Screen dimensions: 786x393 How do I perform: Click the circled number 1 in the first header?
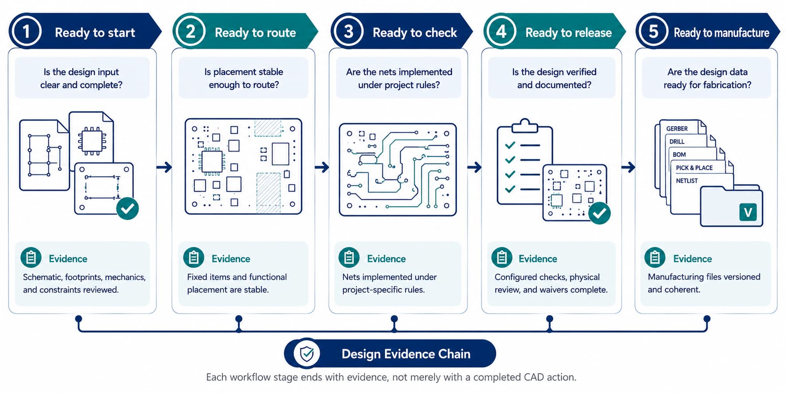(26, 31)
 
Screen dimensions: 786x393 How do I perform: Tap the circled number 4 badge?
(501, 31)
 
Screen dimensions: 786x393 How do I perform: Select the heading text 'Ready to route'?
(255, 32)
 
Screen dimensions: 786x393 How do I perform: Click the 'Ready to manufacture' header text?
(721, 33)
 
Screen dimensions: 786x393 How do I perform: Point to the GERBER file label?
(677, 128)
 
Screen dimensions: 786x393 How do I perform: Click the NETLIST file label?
(687, 181)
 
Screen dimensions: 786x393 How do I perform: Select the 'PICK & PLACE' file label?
(694, 168)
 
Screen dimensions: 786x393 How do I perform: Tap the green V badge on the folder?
(748, 212)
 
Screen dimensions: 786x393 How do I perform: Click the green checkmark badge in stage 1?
(128, 208)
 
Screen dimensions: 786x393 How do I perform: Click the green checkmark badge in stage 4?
(599, 213)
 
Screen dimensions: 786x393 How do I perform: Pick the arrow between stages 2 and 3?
(322, 167)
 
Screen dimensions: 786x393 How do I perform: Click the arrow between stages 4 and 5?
(628, 167)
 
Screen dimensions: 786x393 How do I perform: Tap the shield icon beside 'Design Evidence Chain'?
(307, 354)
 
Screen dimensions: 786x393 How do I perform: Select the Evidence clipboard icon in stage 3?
(349, 257)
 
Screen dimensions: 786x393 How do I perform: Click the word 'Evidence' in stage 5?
(693, 259)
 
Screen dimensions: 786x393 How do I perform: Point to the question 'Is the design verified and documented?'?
(554, 78)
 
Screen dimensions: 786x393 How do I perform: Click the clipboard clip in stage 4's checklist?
(525, 126)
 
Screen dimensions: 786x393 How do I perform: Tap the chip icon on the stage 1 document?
(92, 141)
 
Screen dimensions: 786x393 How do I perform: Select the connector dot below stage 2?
(239, 319)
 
